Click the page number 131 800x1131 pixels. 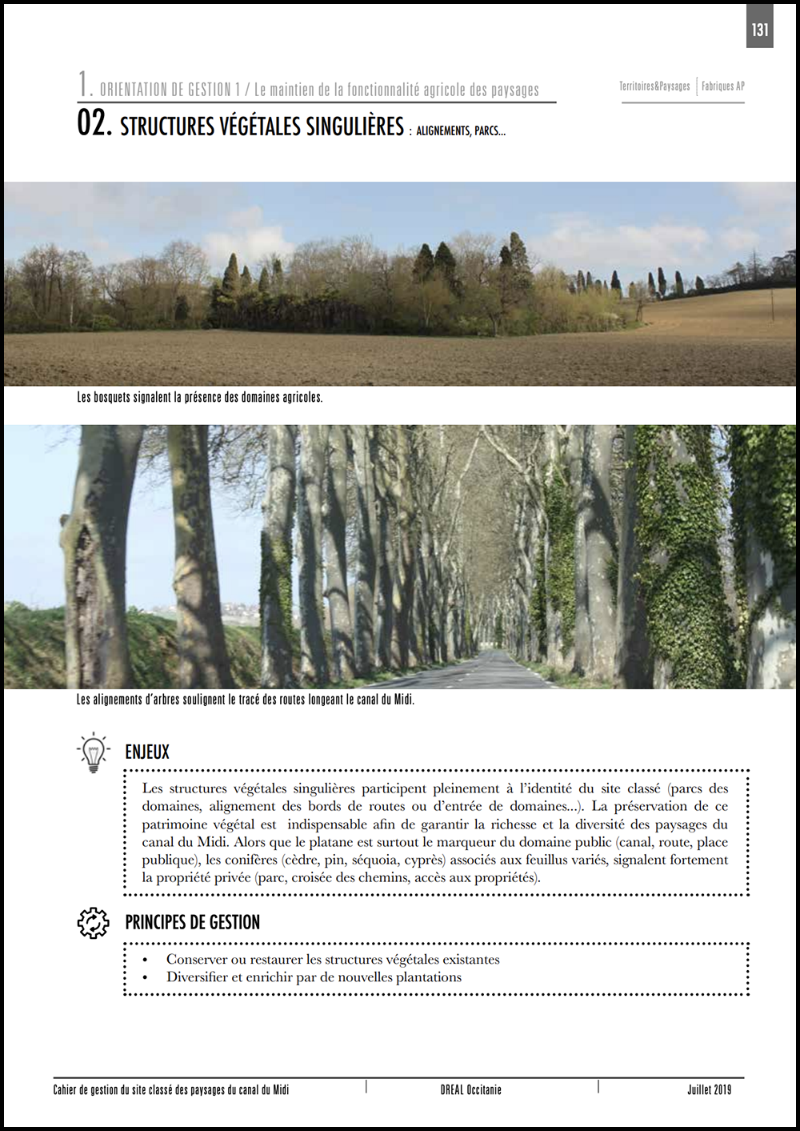(759, 30)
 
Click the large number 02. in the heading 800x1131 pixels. (94, 124)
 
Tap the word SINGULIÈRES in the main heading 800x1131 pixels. (355, 126)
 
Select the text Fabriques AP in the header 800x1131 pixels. (723, 86)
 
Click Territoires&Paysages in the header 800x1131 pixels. (654, 86)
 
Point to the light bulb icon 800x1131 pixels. (94, 752)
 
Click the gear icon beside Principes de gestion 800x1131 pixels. (94, 923)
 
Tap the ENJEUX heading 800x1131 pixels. (147, 752)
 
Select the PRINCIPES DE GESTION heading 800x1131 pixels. (192, 923)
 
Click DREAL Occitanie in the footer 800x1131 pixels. (470, 1090)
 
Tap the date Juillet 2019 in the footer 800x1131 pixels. (709, 1090)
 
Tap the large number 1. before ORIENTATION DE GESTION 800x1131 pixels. (85, 84)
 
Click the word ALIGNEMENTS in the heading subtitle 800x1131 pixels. (442, 131)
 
